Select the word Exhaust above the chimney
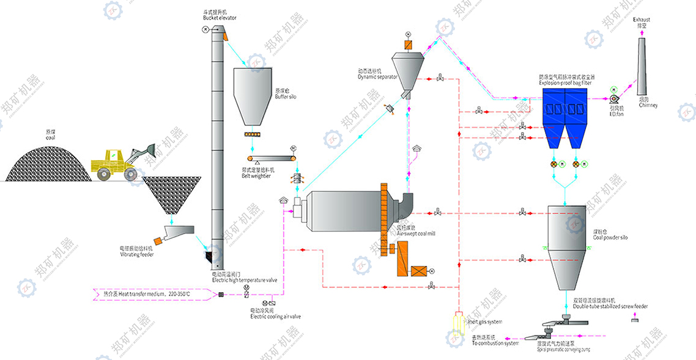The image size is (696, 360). click(642, 20)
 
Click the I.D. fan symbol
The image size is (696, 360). click(613, 97)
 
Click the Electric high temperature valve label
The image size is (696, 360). click(245, 280)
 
